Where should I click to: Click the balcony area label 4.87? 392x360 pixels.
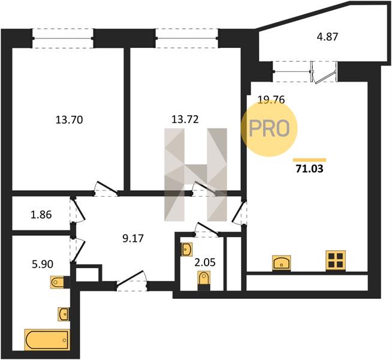click(327, 37)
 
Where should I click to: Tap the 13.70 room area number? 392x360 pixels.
click(69, 120)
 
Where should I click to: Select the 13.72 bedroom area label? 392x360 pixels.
click(185, 119)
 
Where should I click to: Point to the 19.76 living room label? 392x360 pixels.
click(272, 100)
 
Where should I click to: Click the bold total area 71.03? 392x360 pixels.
click(309, 169)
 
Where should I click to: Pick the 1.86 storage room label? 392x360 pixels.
click(41, 215)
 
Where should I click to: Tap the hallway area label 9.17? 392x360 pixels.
click(133, 238)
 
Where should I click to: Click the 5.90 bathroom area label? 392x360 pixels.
click(43, 264)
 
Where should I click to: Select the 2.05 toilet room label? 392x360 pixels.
click(205, 262)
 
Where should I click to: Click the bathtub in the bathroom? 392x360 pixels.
click(47, 340)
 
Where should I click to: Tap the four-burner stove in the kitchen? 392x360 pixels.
click(336, 260)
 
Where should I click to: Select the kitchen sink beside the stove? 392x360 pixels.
click(282, 263)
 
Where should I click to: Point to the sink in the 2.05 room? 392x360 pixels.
click(187, 249)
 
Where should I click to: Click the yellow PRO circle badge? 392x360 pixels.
click(269, 128)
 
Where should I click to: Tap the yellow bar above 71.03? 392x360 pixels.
click(309, 160)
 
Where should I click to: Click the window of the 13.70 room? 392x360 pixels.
click(63, 38)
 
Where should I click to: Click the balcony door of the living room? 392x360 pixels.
click(324, 73)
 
